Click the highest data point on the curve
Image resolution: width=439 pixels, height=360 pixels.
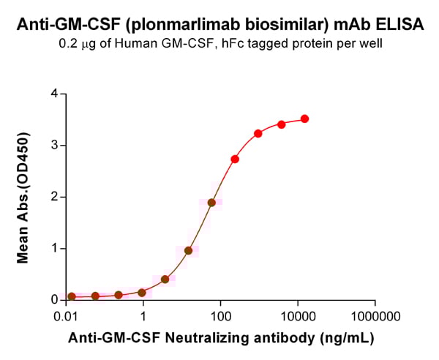pyautogui.click(x=304, y=119)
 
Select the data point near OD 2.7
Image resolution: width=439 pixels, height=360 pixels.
pyautogui.click(x=235, y=159)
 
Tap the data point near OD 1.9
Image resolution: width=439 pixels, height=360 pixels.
pyautogui.click(x=211, y=203)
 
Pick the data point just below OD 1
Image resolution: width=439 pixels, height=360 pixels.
pyautogui.click(x=188, y=250)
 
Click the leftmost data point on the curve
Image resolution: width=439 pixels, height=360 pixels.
pyautogui.click(x=72, y=296)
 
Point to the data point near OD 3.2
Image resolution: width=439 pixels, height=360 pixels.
pyautogui.click(x=258, y=133)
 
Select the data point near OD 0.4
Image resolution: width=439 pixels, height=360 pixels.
pyautogui.click(x=165, y=280)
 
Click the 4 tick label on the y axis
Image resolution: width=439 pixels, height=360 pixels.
pyautogui.click(x=53, y=94)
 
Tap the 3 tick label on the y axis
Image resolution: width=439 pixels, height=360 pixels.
pyautogui.click(x=53, y=145)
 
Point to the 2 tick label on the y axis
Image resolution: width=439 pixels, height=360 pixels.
pyautogui.click(x=53, y=197)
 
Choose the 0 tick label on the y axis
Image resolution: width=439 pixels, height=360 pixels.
pyautogui.click(x=53, y=300)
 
